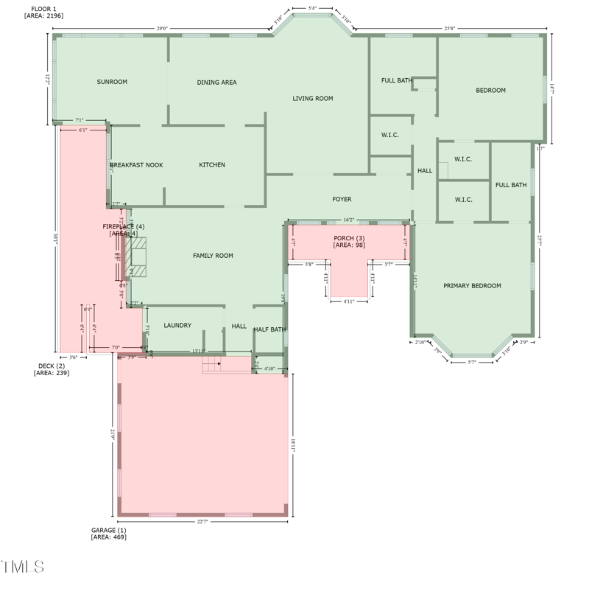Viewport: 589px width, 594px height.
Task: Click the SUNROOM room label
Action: click(112, 82)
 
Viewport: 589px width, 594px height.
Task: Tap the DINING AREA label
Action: click(216, 83)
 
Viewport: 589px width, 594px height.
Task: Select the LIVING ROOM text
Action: click(313, 98)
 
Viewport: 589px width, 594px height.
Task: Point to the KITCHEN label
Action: click(212, 165)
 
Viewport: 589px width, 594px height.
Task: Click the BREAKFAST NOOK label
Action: click(137, 165)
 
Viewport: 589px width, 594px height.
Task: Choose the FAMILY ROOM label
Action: click(213, 256)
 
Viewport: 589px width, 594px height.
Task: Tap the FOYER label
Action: click(342, 199)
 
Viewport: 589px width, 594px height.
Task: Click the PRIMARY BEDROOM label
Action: click(472, 286)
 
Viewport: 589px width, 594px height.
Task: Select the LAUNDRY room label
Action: click(177, 325)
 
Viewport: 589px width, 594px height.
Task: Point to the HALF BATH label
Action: click(269, 329)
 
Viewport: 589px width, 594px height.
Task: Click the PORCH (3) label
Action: click(349, 238)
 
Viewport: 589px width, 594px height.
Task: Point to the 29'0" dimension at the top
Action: click(162, 29)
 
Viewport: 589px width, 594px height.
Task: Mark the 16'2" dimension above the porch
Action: click(349, 220)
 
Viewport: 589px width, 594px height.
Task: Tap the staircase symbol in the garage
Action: click(213, 365)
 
